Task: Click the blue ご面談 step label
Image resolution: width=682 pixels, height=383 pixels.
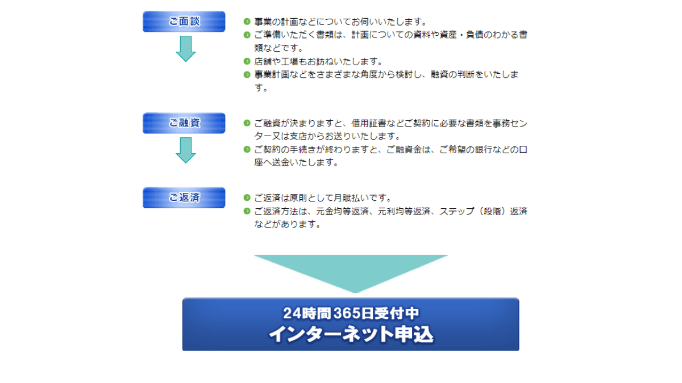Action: click(x=184, y=22)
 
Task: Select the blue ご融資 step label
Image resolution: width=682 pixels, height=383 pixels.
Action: click(x=184, y=123)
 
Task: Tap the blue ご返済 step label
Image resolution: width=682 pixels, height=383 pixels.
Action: click(x=184, y=197)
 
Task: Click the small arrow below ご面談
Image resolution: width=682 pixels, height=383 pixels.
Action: click(x=186, y=49)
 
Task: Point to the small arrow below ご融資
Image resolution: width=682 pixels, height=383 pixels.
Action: click(x=186, y=150)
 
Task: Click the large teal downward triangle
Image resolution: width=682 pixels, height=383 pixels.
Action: click(x=351, y=271)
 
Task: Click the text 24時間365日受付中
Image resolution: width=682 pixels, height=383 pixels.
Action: click(x=351, y=313)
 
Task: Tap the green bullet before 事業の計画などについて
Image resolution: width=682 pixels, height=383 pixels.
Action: click(x=247, y=22)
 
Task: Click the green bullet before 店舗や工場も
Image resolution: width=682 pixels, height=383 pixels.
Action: click(x=247, y=61)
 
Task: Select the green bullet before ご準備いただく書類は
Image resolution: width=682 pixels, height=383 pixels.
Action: click(x=247, y=35)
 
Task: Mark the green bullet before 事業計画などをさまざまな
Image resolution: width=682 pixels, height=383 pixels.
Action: click(x=247, y=74)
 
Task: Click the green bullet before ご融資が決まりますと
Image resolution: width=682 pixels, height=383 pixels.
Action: click(x=247, y=123)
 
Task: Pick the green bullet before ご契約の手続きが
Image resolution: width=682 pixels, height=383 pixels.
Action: click(x=247, y=149)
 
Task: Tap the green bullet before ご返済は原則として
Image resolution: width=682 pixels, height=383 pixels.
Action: click(x=247, y=197)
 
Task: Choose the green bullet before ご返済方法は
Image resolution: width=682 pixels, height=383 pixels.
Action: click(x=247, y=211)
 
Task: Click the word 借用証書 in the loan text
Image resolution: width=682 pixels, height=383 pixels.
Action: click(x=369, y=123)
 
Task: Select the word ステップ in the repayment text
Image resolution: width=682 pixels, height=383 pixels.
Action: click(x=457, y=211)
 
